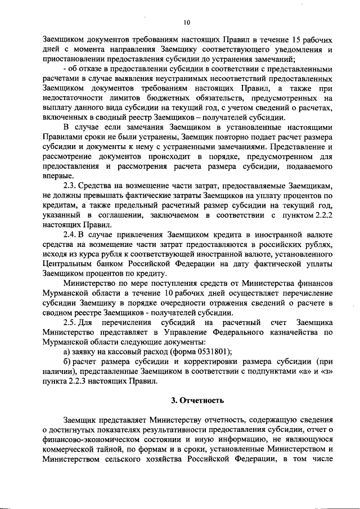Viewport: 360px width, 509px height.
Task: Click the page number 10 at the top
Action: pos(187,22)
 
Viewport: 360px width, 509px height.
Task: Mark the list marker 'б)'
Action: pos(67,361)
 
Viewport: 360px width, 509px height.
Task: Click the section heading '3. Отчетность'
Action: pos(197,400)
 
